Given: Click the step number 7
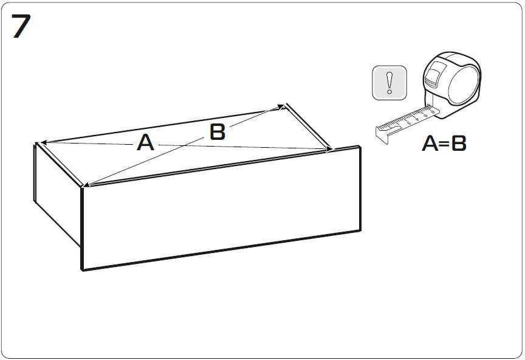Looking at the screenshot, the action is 21,26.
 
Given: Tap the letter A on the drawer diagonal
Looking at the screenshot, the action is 146,142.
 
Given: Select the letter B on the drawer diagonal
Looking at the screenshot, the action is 218,132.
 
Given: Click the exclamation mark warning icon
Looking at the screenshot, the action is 389,83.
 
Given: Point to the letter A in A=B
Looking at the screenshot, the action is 430,143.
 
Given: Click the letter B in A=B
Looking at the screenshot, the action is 459,143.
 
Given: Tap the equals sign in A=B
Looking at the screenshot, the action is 445,144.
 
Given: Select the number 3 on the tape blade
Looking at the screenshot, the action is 409,122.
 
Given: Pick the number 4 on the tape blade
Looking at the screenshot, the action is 417,119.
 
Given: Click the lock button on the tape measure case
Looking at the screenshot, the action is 432,75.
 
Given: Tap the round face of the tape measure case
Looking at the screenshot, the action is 464,85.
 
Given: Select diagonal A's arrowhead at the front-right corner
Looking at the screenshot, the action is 328,148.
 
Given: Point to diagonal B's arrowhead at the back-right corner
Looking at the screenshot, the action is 280,107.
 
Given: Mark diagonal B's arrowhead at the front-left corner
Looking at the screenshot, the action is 87,184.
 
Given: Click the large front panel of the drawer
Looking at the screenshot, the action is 221,209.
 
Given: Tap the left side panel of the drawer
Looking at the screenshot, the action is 58,194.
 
